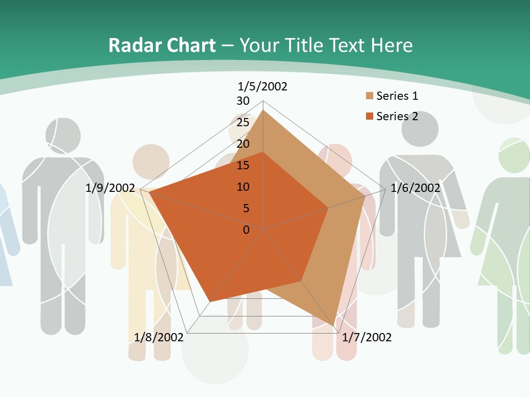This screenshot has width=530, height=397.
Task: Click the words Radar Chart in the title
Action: point(162,45)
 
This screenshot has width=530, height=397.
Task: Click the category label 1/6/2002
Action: point(415,188)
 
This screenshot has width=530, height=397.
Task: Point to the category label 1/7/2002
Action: point(367,337)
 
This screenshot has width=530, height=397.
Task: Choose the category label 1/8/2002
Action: point(158,337)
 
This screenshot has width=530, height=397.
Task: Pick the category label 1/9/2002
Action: point(110,188)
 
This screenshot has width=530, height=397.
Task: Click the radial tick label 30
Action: point(243,101)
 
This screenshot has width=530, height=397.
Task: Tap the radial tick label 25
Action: point(243,122)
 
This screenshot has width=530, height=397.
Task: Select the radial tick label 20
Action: point(243,144)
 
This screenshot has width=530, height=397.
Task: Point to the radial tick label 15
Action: point(243,165)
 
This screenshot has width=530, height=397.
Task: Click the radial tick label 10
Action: point(243,187)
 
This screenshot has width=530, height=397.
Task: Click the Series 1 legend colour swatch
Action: point(369,96)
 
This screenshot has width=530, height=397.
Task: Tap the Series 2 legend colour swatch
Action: point(369,116)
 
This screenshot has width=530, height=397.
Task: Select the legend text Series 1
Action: point(397,96)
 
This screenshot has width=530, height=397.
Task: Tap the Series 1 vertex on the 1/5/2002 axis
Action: point(263,110)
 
